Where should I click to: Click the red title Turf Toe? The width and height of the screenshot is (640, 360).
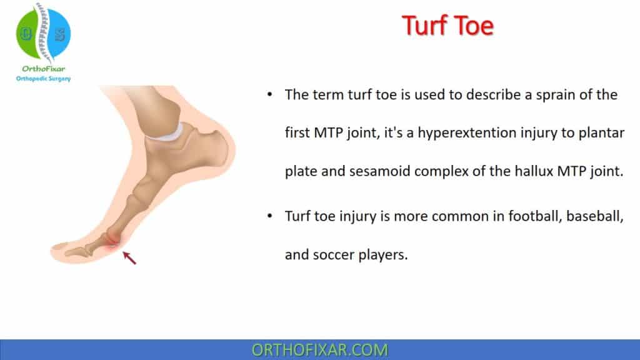[447, 26]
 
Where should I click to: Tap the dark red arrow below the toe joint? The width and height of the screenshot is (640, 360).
[129, 257]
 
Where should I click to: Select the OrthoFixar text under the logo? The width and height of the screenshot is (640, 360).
[43, 69]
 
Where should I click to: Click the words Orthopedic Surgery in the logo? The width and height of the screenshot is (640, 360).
[43, 79]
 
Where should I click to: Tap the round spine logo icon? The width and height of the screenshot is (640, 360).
[43, 32]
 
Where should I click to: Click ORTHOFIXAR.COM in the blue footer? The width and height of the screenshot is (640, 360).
[320, 349]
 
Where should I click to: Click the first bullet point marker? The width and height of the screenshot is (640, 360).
[269, 95]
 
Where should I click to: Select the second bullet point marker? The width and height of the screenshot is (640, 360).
[269, 215]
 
